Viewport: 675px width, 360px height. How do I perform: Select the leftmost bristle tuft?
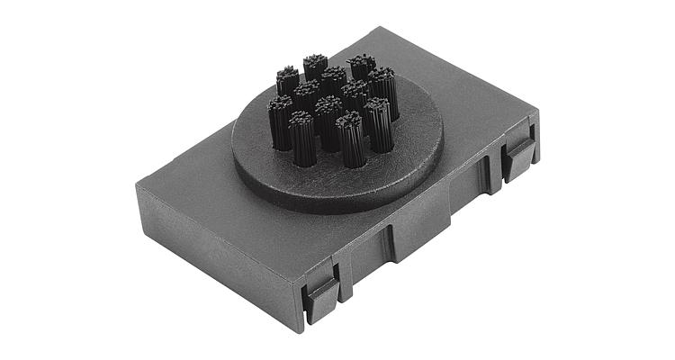tap(281, 121)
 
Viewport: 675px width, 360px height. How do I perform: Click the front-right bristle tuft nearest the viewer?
tap(351, 141)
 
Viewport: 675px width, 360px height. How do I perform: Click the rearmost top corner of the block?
tap(389, 29)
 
